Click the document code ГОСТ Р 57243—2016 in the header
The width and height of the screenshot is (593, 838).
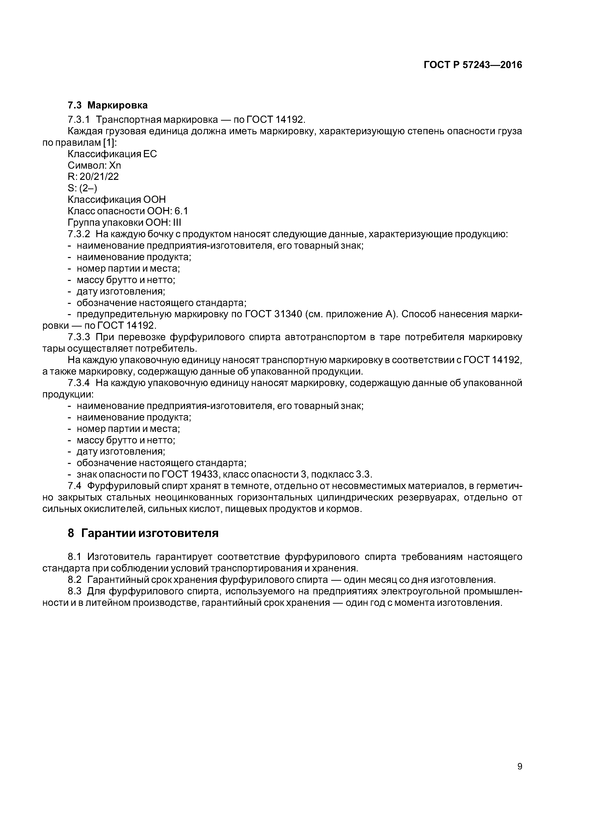(472, 65)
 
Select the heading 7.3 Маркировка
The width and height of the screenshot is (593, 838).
(107, 106)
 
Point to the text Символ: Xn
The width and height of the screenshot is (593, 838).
(94, 165)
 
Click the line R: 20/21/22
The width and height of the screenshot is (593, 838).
(93, 177)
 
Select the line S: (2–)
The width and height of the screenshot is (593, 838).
(82, 188)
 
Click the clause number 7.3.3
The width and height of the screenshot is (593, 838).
(79, 337)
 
